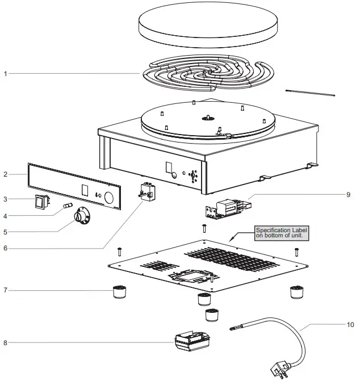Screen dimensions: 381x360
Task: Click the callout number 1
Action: coord(6,73)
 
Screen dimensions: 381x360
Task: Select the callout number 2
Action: coord(6,174)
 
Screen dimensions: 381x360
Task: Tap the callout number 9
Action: coord(348,194)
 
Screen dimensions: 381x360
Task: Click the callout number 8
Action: coord(6,342)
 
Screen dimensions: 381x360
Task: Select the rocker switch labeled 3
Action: coord(40,201)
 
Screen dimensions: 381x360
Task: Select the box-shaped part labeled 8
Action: coord(191,342)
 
